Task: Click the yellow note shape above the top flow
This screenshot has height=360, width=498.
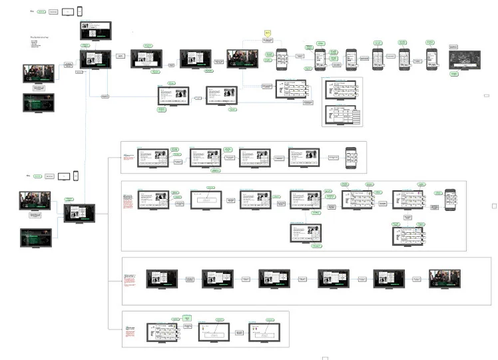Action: pos(268,33)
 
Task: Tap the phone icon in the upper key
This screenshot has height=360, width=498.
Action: pos(80,11)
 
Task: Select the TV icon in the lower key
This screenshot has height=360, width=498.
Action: pos(64,176)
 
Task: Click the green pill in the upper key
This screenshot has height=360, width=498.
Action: pos(41,12)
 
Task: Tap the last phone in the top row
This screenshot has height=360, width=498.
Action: pos(431,59)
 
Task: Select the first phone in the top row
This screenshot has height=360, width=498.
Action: pos(282,59)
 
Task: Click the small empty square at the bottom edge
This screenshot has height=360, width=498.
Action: pos(325,358)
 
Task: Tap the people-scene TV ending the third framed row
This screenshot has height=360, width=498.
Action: pos(444,278)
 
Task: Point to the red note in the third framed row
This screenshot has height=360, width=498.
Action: pos(129,279)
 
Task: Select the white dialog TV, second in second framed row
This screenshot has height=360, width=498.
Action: pos(206,200)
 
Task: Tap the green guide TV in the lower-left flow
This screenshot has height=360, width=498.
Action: pos(35,238)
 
